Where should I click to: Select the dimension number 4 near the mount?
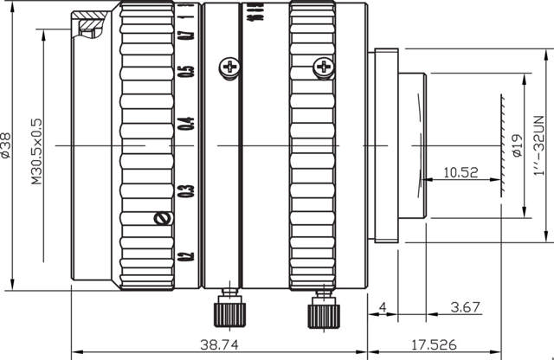pos(383,306)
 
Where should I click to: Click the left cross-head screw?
pos(229,66)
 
